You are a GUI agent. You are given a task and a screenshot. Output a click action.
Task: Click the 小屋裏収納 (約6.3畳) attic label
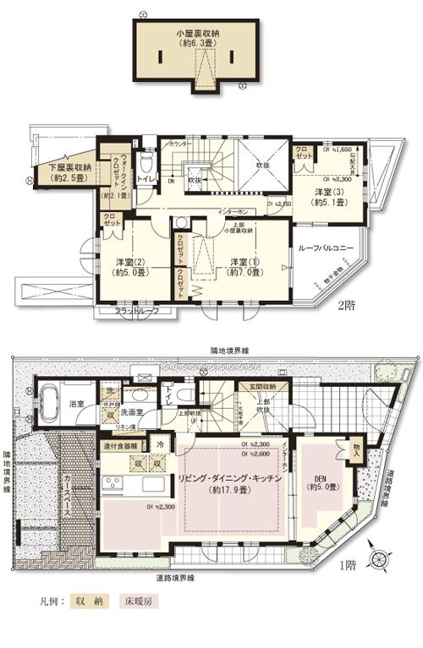(197, 38)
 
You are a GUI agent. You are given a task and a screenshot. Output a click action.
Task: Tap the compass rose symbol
(383, 559)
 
